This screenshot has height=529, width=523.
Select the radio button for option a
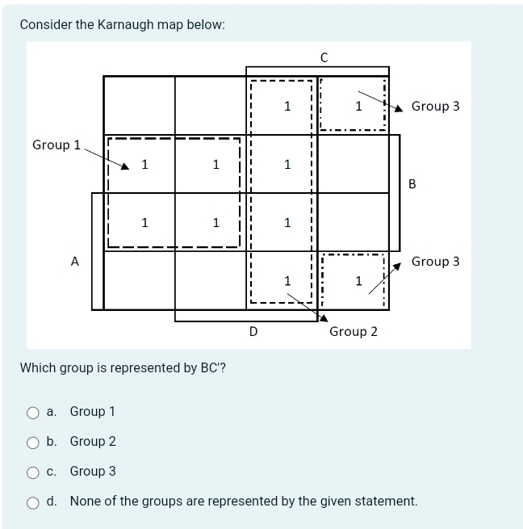tap(33, 412)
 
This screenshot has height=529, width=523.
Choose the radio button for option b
tap(33, 442)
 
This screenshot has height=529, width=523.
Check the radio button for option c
tap(33, 472)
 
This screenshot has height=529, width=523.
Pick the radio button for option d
tap(33, 502)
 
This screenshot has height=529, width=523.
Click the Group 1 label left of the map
tap(56, 145)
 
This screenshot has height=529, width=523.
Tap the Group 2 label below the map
tap(354, 332)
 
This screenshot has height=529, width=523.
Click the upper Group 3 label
tap(435, 107)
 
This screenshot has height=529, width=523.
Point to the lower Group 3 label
tap(435, 262)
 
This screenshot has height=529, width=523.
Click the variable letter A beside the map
tap(75, 262)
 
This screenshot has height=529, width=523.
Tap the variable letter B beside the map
tap(412, 184)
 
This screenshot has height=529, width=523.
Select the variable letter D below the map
tap(253, 331)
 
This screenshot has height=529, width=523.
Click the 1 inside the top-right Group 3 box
tap(358, 107)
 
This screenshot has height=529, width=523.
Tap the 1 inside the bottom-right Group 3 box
tap(358, 281)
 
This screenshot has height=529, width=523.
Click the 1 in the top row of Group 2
tap(287, 107)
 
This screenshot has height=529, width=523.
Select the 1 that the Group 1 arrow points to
tap(144, 165)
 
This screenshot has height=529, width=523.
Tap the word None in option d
tap(85, 502)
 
